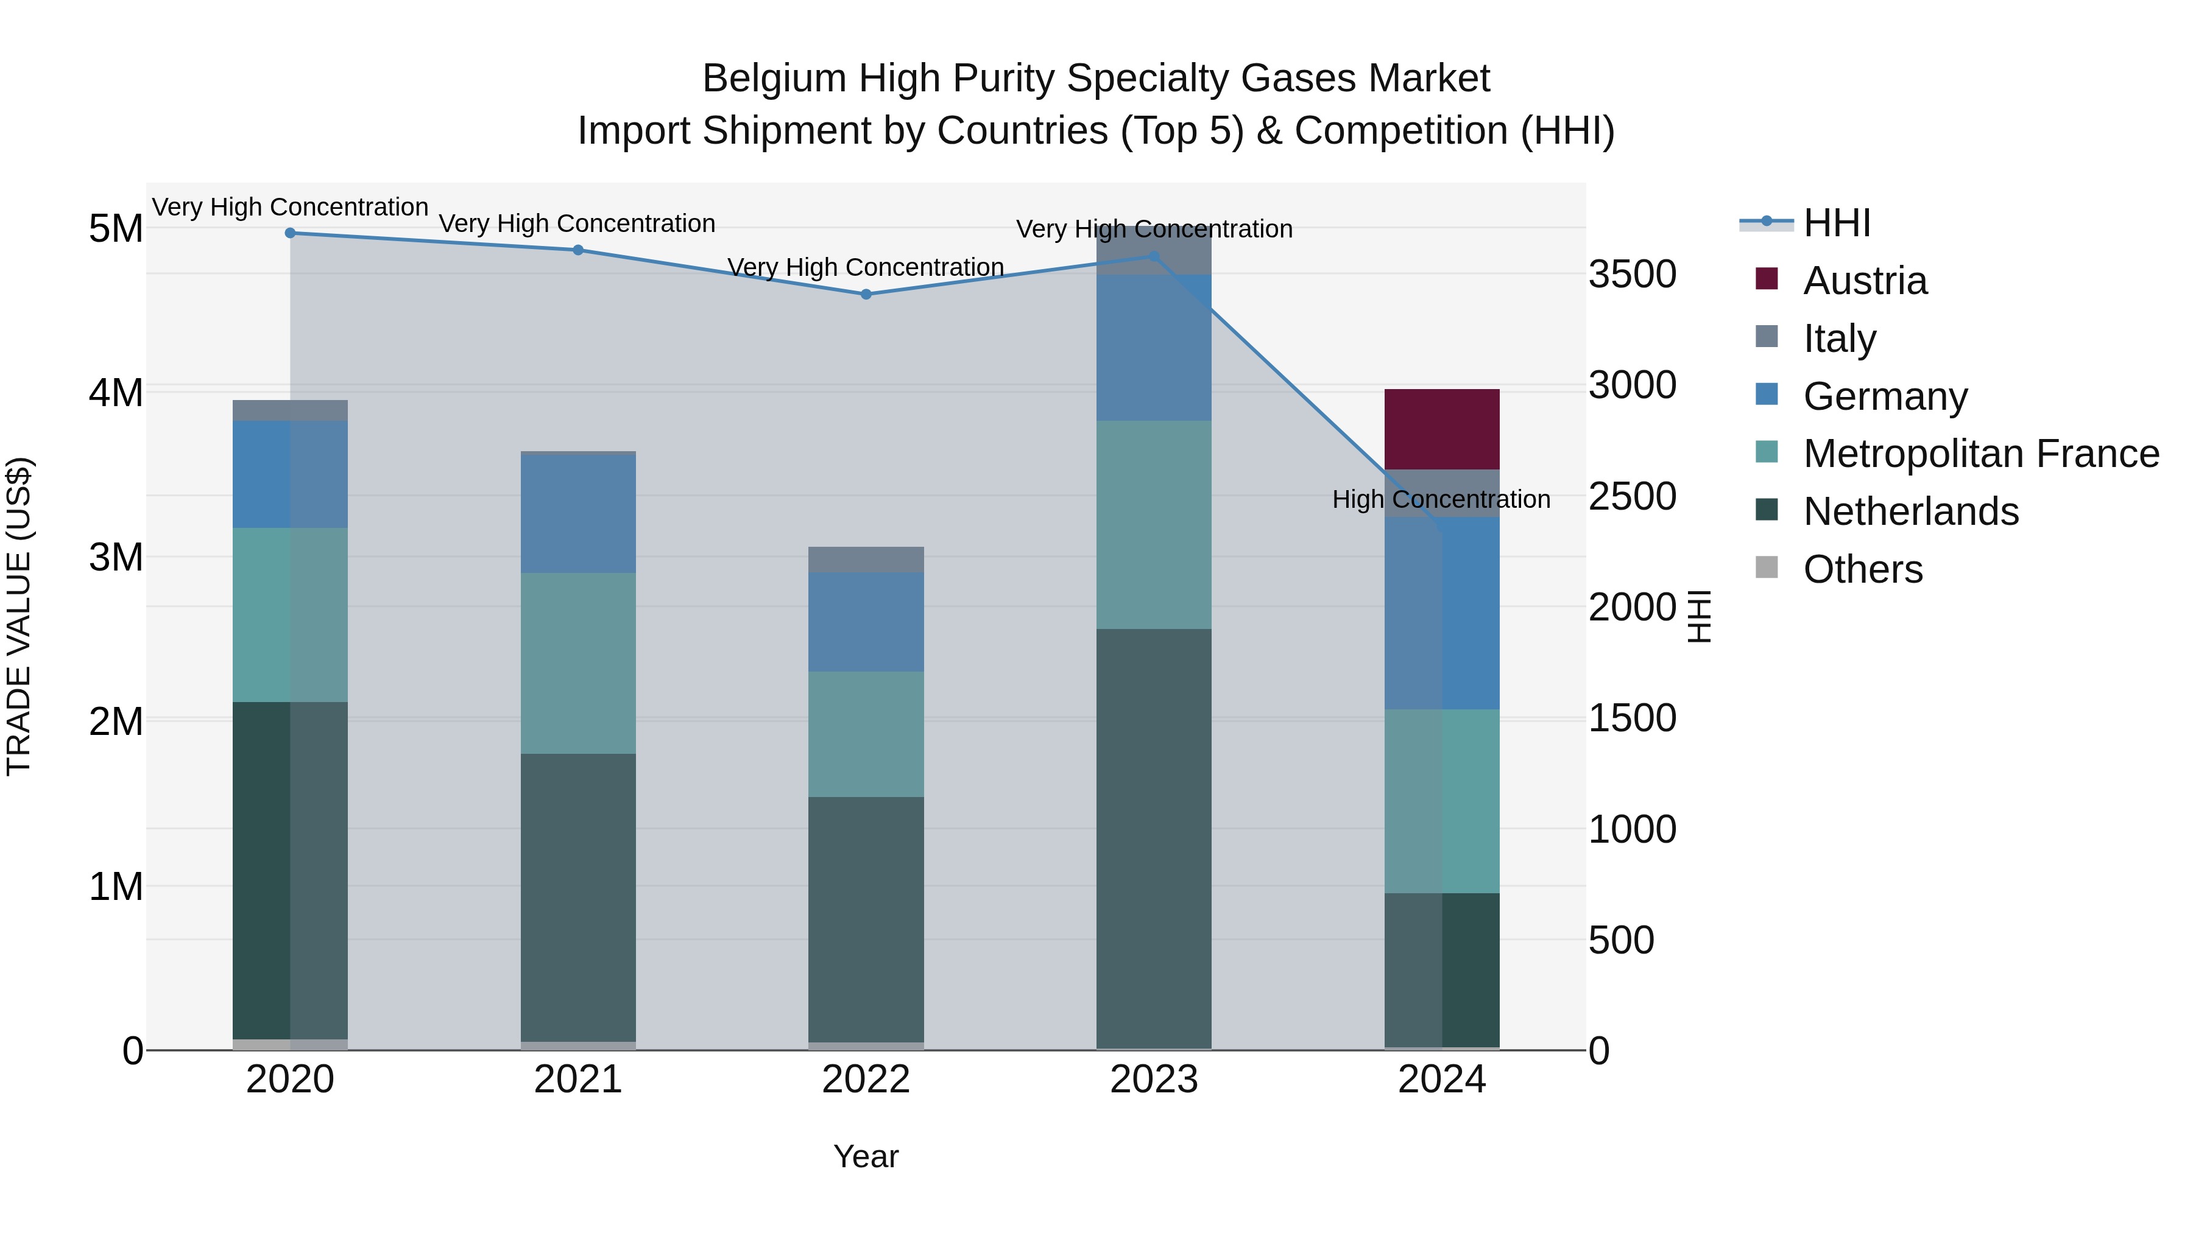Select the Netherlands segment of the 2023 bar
pos(1154,838)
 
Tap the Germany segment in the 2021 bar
pos(578,514)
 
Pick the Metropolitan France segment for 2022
pos(866,734)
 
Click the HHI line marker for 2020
pos(291,233)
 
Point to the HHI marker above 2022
pos(866,295)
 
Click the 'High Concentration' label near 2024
pos(1441,499)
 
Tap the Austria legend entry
pos(1865,281)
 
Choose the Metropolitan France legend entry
pos(1980,454)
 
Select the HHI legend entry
pos(1836,223)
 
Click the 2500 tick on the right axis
pos(1632,496)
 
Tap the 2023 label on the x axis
pos(1154,1080)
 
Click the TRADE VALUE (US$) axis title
pos(19,616)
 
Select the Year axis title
pos(866,1156)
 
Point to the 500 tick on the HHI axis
pos(1621,940)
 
